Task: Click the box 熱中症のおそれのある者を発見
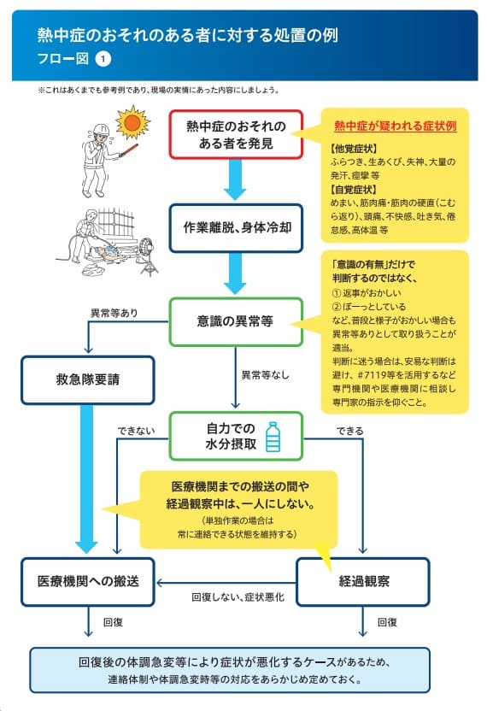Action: [x=235, y=134]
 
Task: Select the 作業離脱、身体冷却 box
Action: [x=236, y=227]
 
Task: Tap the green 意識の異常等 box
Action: [x=235, y=321]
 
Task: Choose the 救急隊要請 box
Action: [x=88, y=379]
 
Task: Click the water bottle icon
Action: [x=273, y=437]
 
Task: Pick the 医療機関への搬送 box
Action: [x=88, y=581]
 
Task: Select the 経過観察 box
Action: [x=363, y=581]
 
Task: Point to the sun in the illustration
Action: [x=132, y=122]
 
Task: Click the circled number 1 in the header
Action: [x=103, y=59]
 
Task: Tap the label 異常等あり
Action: [x=114, y=313]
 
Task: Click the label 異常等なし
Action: [x=265, y=375]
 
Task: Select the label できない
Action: [x=136, y=431]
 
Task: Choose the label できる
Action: [x=349, y=431]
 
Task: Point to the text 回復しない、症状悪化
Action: [x=238, y=597]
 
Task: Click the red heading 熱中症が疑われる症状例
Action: [x=395, y=126]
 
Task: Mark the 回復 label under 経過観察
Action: [x=387, y=622]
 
